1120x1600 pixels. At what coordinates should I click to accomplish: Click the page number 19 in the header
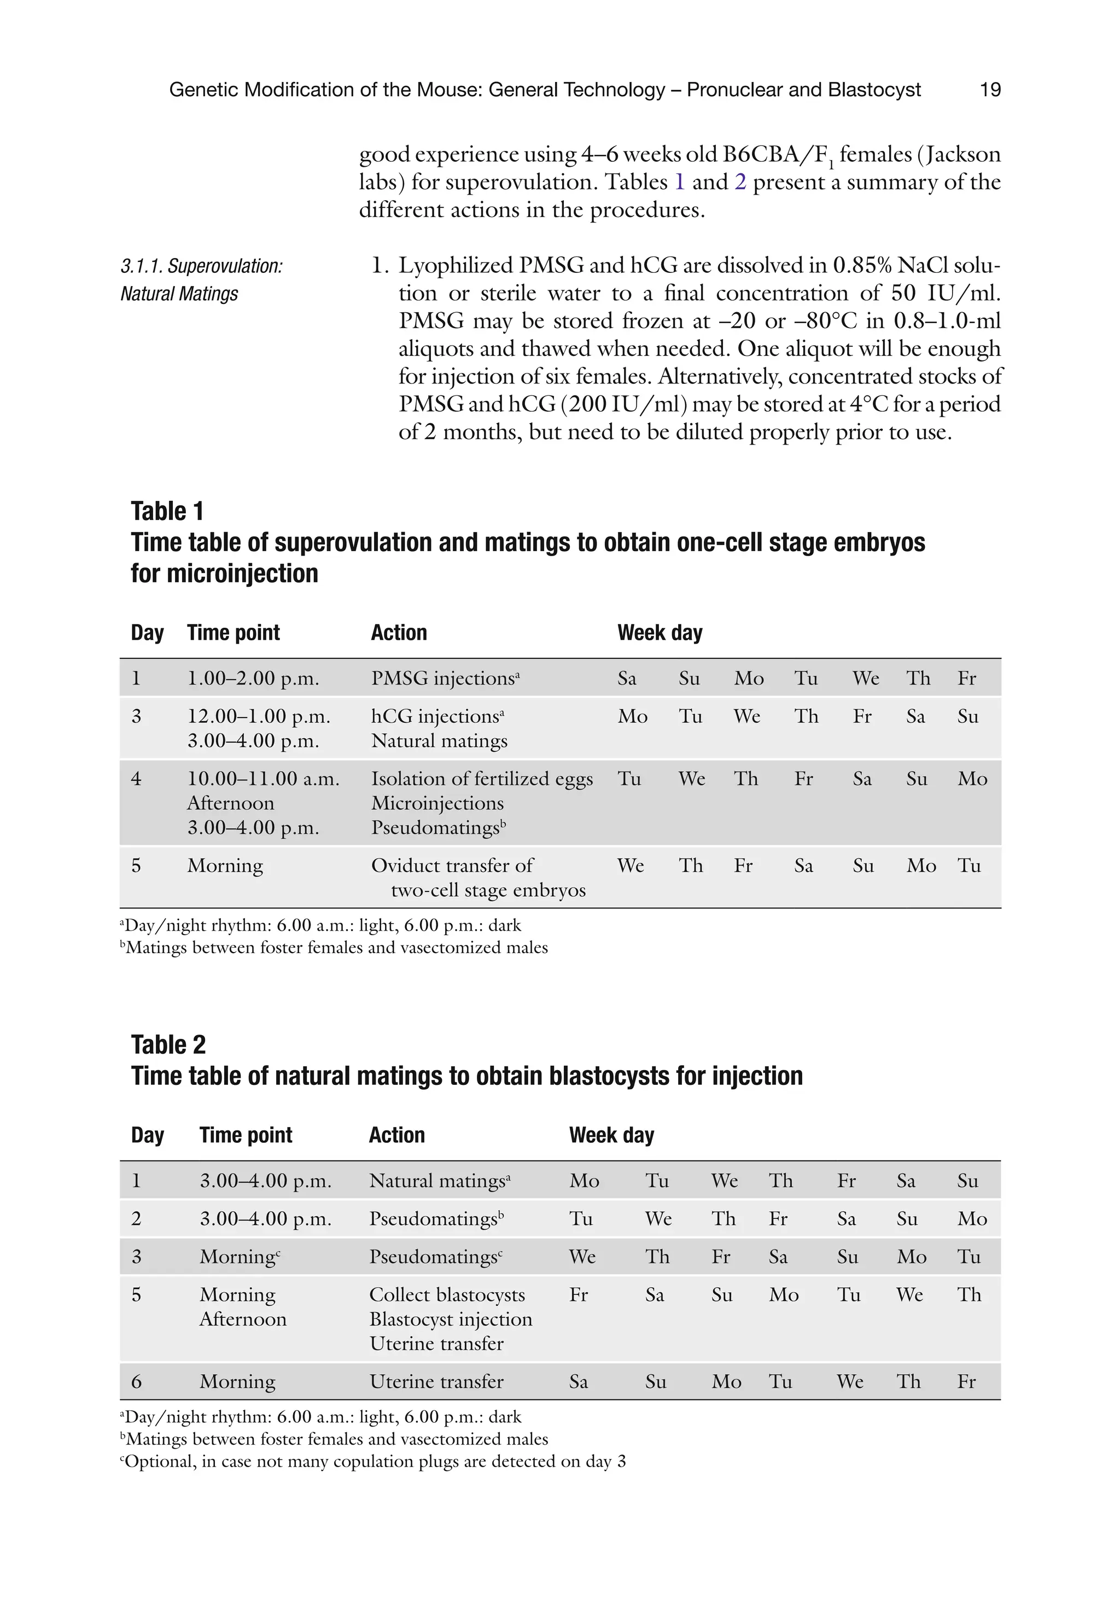pyautogui.click(x=990, y=90)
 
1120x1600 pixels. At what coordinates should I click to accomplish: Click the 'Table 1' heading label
pyautogui.click(x=167, y=511)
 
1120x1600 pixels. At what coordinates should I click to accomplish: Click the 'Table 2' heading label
pyautogui.click(x=168, y=1044)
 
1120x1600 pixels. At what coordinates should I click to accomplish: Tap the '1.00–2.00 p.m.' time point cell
pyautogui.click(x=253, y=678)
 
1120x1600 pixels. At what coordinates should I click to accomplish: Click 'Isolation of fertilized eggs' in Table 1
pyautogui.click(x=482, y=778)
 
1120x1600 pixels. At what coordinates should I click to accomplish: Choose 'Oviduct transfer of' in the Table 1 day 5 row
pyautogui.click(x=452, y=866)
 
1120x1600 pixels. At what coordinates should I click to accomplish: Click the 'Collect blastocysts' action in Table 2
pyautogui.click(x=447, y=1295)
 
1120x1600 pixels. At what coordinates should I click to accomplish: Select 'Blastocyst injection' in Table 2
pyautogui.click(x=450, y=1319)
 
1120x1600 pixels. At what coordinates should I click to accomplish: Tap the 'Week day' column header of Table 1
pyautogui.click(x=660, y=633)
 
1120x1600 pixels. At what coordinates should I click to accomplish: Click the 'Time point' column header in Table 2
pyautogui.click(x=246, y=1135)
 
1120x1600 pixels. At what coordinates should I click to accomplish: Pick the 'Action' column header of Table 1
pyautogui.click(x=399, y=633)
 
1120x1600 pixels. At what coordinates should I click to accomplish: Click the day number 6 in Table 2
pyautogui.click(x=137, y=1382)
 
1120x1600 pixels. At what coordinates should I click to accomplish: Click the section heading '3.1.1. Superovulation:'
pyautogui.click(x=201, y=266)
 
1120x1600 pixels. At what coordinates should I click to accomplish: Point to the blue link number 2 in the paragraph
pyautogui.click(x=740, y=182)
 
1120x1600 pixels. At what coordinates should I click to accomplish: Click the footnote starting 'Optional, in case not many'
pyautogui.click(x=373, y=1461)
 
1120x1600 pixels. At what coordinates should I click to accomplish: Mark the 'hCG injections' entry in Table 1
pyautogui.click(x=437, y=716)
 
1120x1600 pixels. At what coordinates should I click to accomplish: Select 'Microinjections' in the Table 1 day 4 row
pyautogui.click(x=437, y=803)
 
